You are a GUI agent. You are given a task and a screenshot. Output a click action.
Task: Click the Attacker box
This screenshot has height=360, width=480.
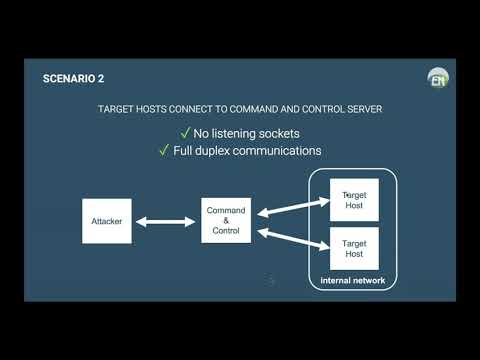pos(106,221)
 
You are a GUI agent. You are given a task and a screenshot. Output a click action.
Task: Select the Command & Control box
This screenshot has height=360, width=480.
pos(226,221)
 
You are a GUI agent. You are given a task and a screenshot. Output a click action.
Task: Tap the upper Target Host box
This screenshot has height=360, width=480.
pos(354,201)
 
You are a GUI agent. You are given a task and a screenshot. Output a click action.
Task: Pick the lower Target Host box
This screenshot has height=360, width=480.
pos(354,248)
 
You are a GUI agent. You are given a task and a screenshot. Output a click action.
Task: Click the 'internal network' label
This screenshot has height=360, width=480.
pos(352,281)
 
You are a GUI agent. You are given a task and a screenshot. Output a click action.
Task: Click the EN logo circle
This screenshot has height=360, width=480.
pos(438,78)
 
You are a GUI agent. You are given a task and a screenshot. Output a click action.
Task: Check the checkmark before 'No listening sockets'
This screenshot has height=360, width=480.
pos(184,133)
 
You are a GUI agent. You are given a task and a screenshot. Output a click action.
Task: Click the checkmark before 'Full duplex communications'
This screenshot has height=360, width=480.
pos(164,151)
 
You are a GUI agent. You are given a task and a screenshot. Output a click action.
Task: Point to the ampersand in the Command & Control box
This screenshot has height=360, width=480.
pos(226,221)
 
